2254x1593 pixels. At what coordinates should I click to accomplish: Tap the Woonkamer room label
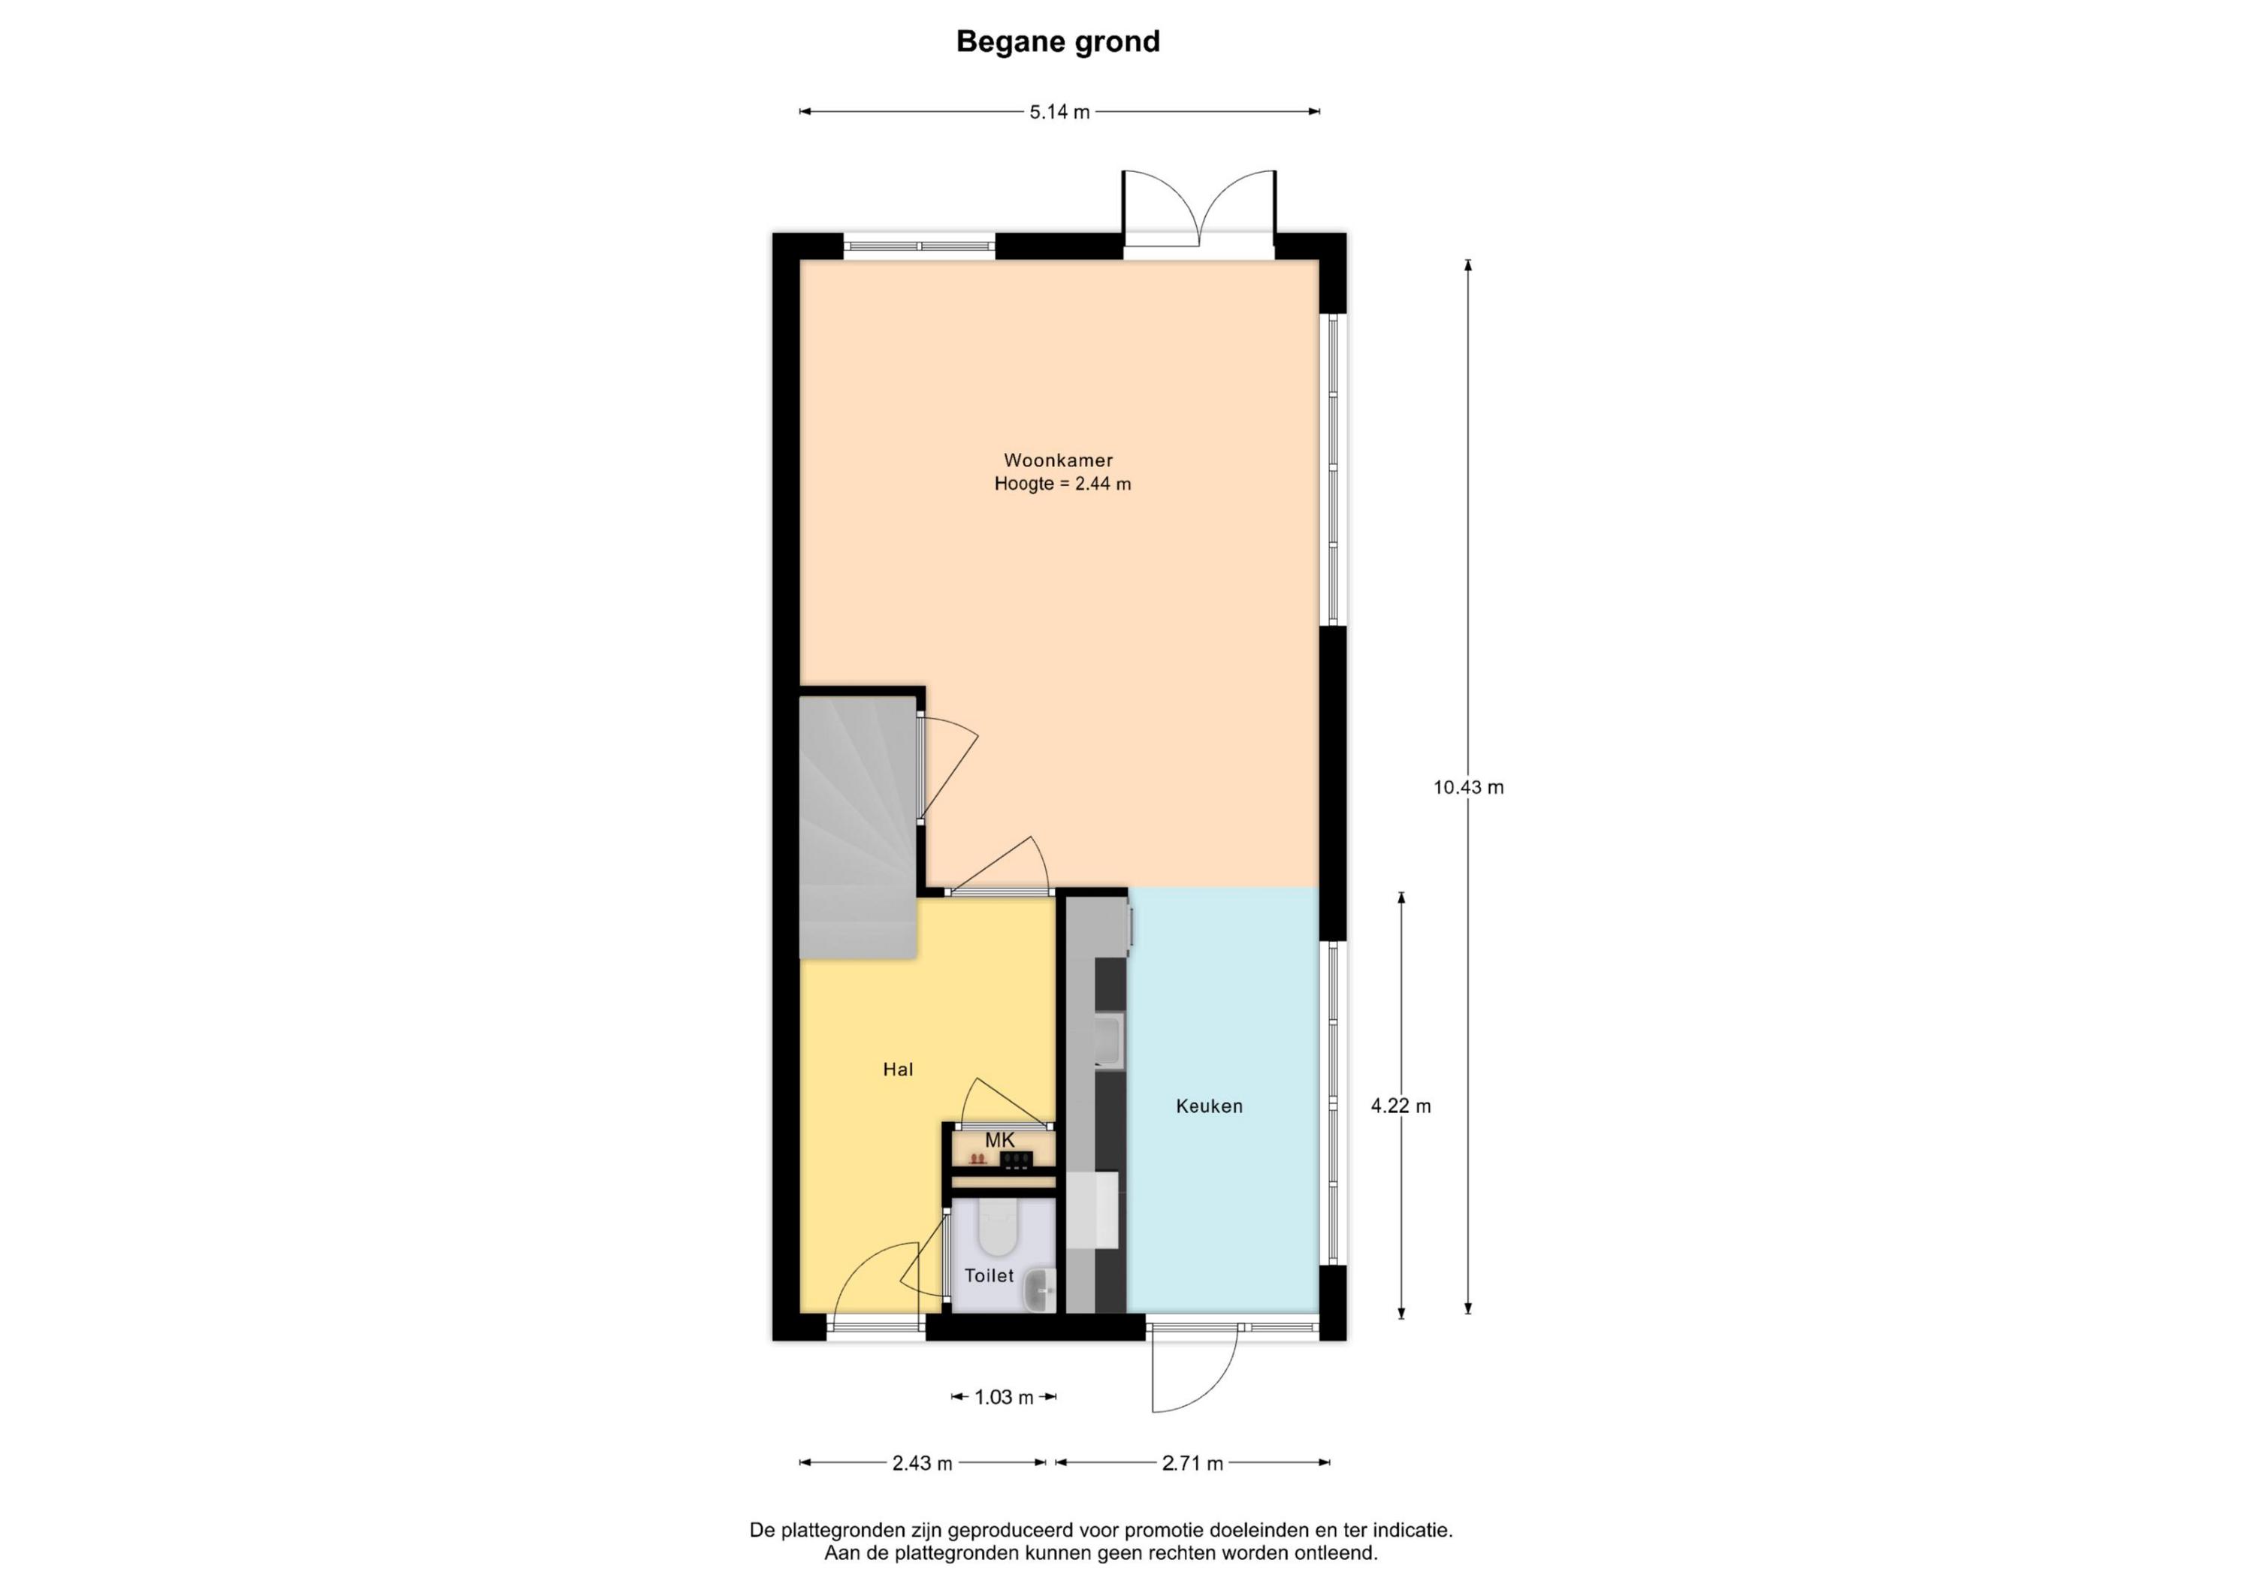pos(1059,460)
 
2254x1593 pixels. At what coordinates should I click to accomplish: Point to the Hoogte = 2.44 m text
pos(1062,484)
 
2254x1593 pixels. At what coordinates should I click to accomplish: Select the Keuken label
pos(1210,1106)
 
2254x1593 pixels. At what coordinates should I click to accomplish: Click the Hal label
pos(899,1070)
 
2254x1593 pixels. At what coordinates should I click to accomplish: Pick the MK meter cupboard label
pos(999,1141)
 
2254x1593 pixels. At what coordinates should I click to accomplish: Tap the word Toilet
pos(989,1276)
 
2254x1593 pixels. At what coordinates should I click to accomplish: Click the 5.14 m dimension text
pos(1059,112)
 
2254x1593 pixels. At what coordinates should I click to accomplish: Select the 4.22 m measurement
pos(1401,1106)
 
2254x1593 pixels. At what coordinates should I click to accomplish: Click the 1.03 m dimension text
pos(1003,1398)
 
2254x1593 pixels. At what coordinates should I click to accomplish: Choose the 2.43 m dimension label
pos(922,1463)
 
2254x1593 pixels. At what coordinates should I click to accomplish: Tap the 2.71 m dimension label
pos(1193,1463)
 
